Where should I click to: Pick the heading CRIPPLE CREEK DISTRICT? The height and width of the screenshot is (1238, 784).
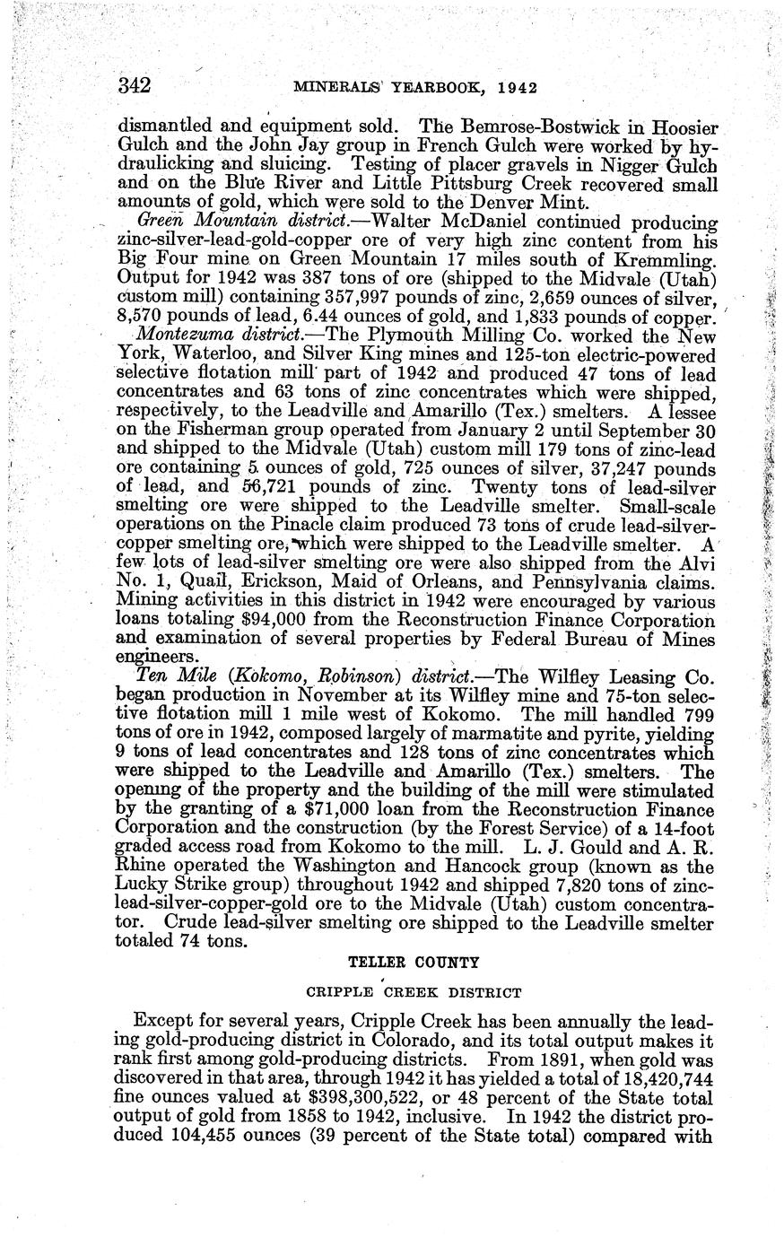(414, 992)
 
